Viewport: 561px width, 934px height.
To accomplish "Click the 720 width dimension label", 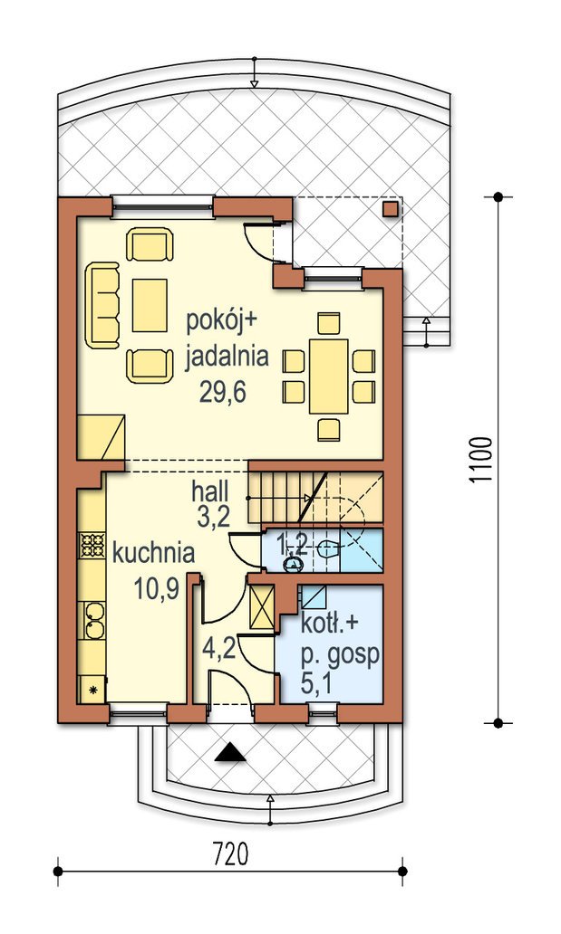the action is point(230,854).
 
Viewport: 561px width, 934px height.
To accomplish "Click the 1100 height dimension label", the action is point(481,460).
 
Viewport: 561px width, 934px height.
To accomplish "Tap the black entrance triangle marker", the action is point(230,753).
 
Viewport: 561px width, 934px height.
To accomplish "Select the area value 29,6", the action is point(223,392).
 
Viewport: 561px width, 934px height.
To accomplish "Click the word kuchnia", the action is point(153,553).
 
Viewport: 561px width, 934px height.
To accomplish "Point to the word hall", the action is point(210,492).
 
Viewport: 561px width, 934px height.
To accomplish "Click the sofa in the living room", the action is point(102,305).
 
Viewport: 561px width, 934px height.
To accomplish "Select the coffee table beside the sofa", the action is point(150,305).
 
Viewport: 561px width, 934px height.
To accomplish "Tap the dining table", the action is point(328,376).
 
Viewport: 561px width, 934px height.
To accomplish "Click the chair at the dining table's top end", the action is point(329,323).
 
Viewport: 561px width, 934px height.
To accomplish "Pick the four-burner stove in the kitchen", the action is point(92,546).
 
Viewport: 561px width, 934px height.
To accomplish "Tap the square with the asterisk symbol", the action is point(92,690).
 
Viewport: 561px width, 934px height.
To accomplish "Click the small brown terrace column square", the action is point(390,209).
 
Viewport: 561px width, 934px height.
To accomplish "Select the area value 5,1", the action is point(317,684).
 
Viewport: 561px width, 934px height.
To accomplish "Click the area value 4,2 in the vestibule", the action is point(218,647).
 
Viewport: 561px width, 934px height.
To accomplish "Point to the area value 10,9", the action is point(157,590).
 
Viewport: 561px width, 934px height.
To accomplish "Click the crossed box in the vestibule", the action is point(262,606).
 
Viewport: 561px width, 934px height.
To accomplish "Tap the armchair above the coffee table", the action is point(150,246).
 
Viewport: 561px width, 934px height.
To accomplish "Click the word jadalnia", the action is point(227,357).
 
